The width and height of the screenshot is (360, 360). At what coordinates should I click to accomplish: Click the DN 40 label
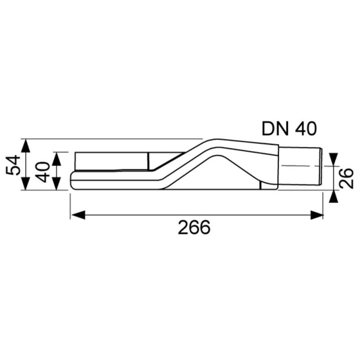pos(289,129)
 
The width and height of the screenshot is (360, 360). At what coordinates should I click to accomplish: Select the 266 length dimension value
pos(194,227)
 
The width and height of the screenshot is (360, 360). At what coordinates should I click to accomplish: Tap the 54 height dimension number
pos(13,165)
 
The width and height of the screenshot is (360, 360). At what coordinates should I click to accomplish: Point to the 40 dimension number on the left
pos(43,172)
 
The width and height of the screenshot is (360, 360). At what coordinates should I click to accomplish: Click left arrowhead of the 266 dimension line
pos(78,215)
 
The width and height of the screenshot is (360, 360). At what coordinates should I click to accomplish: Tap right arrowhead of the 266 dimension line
pos(317,215)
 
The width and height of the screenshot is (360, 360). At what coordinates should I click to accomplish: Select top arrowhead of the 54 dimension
pos(26,146)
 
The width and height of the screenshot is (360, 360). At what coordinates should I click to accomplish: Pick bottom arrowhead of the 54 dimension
pos(26,183)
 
